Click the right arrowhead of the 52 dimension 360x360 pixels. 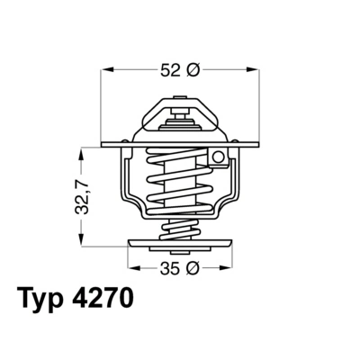click(255, 68)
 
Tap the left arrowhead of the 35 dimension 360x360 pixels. click(132, 268)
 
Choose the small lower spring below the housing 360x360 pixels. click(179, 228)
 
